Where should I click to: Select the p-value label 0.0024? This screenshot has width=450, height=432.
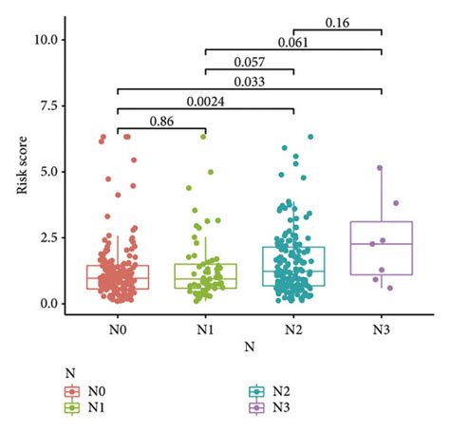tap(205, 102)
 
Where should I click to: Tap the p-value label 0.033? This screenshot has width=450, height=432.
tap(249, 83)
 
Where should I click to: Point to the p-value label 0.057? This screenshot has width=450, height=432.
tap(249, 62)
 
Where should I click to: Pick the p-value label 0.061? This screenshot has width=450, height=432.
tap(292, 42)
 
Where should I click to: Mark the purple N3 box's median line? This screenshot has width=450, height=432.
tap(381, 244)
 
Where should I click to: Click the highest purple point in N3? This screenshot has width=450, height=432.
tap(380, 168)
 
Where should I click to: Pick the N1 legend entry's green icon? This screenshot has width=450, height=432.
tap(70, 407)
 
